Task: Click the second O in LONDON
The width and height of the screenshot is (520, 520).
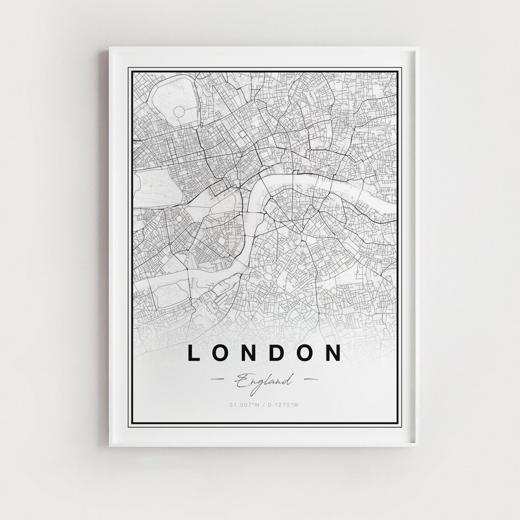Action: pyautogui.click(x=305, y=353)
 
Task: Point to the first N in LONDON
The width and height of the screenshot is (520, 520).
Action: pyautogui.click(x=249, y=353)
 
